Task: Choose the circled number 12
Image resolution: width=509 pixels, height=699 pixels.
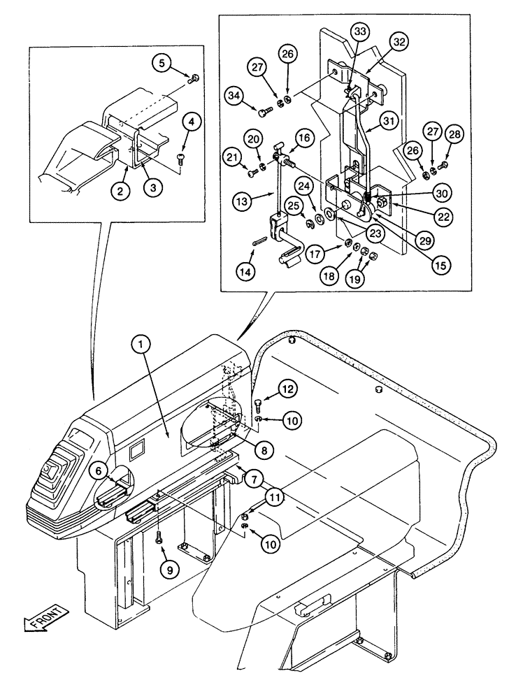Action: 288,387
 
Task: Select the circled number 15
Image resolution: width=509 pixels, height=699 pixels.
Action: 440,265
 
